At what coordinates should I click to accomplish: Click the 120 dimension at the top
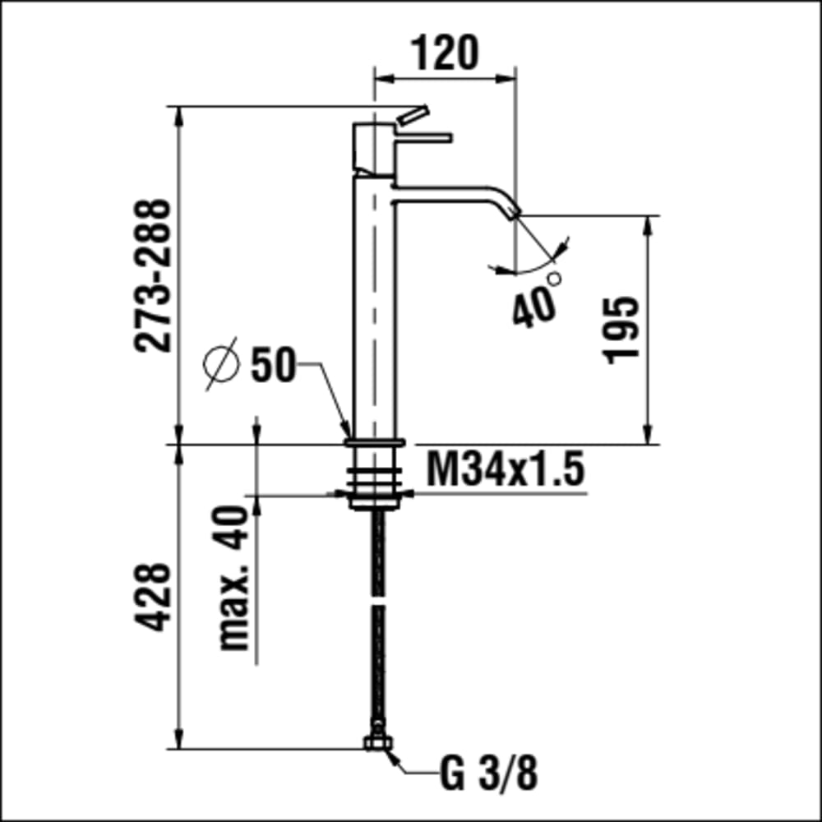[445, 53]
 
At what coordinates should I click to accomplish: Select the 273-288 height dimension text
[153, 275]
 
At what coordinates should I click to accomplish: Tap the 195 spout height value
[621, 330]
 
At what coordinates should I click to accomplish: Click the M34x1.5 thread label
[505, 469]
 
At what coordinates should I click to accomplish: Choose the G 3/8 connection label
[488, 774]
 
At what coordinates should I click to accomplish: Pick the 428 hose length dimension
[153, 597]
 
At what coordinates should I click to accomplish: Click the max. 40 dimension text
[233, 578]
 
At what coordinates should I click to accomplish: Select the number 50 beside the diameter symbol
[273, 364]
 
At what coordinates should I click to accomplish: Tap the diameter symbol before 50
[220, 364]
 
